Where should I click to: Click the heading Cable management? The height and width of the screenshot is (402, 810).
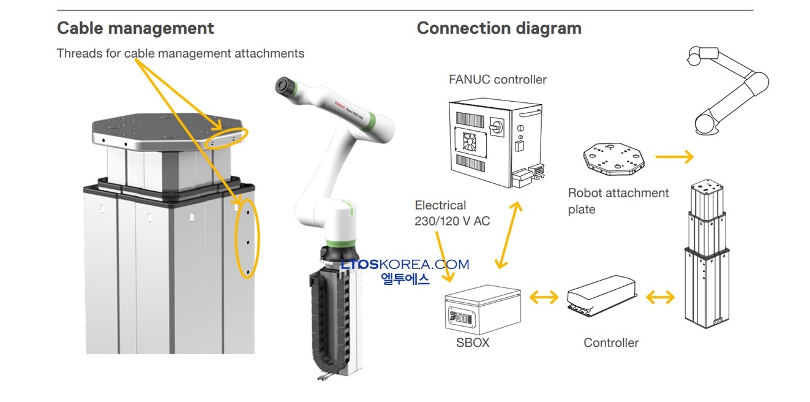click(135, 28)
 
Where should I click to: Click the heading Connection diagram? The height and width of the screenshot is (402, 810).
click(499, 28)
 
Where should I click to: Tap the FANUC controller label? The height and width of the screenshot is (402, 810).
click(498, 80)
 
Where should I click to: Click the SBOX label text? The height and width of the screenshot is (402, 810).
click(473, 343)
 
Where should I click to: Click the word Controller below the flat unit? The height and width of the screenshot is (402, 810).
click(611, 343)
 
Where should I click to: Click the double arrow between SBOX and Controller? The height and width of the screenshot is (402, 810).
click(544, 298)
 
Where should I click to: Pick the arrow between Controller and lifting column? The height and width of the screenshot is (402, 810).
click(660, 298)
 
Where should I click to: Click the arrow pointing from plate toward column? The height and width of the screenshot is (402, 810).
click(674, 157)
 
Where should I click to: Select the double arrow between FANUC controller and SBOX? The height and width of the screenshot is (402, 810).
click(509, 234)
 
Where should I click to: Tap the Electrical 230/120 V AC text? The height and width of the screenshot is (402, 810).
click(452, 213)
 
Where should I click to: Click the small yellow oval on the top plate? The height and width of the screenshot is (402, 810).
click(228, 138)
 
